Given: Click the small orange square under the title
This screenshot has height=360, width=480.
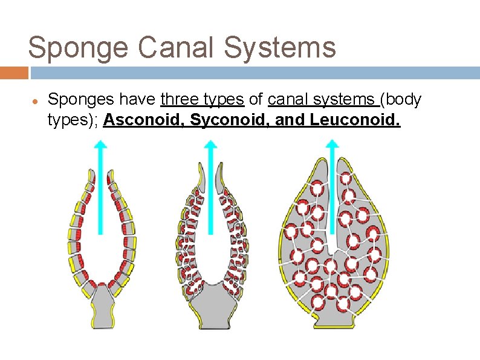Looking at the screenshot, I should coord(14,73).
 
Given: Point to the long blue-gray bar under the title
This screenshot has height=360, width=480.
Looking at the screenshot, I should coord(254,73).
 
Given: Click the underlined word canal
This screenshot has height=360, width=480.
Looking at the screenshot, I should coord(287,100).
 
